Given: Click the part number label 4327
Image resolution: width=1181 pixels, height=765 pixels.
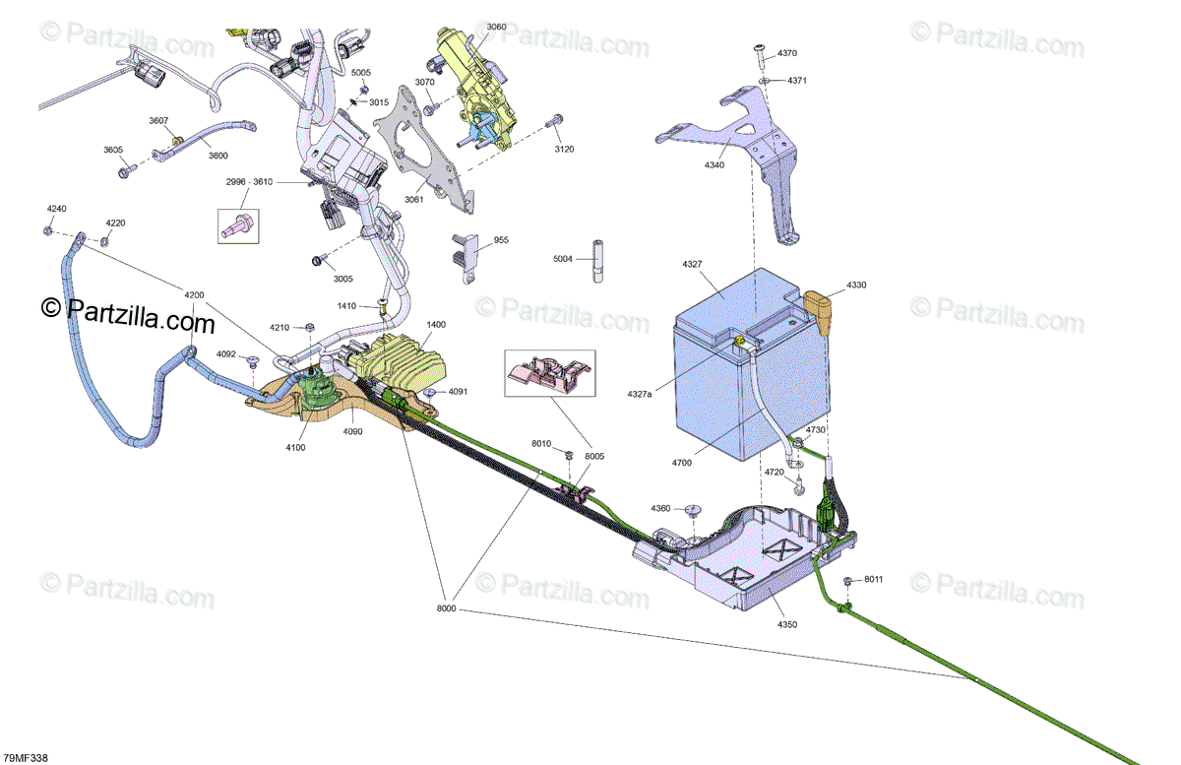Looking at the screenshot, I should pos(692,264).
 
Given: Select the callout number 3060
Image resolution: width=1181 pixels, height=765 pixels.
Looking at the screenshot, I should pos(496,27).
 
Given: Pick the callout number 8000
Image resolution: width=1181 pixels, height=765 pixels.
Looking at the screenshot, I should pos(446,610).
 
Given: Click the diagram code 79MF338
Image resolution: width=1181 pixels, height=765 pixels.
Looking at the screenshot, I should pos(26,757).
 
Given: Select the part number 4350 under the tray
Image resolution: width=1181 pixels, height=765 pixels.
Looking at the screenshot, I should pos(788,624).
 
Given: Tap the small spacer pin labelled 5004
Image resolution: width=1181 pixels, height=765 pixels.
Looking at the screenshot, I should pos(596,262).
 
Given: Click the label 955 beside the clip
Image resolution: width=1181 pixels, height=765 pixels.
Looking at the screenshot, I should pos(501,240).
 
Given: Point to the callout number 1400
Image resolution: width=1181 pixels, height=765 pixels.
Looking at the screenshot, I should pos(436,324).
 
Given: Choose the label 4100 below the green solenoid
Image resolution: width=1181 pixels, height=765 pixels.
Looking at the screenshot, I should pos(295,447).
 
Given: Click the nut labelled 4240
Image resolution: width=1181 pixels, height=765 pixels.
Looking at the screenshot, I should pos(47,230).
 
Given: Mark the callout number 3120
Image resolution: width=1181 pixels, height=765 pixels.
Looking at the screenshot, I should pos(564,149).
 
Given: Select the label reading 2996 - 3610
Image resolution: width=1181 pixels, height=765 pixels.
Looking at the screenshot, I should pos(249,182).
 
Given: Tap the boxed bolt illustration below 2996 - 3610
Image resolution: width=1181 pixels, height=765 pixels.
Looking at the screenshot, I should pos(236,224).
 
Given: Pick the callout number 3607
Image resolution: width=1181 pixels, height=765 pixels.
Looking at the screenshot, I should pos(158,120).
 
